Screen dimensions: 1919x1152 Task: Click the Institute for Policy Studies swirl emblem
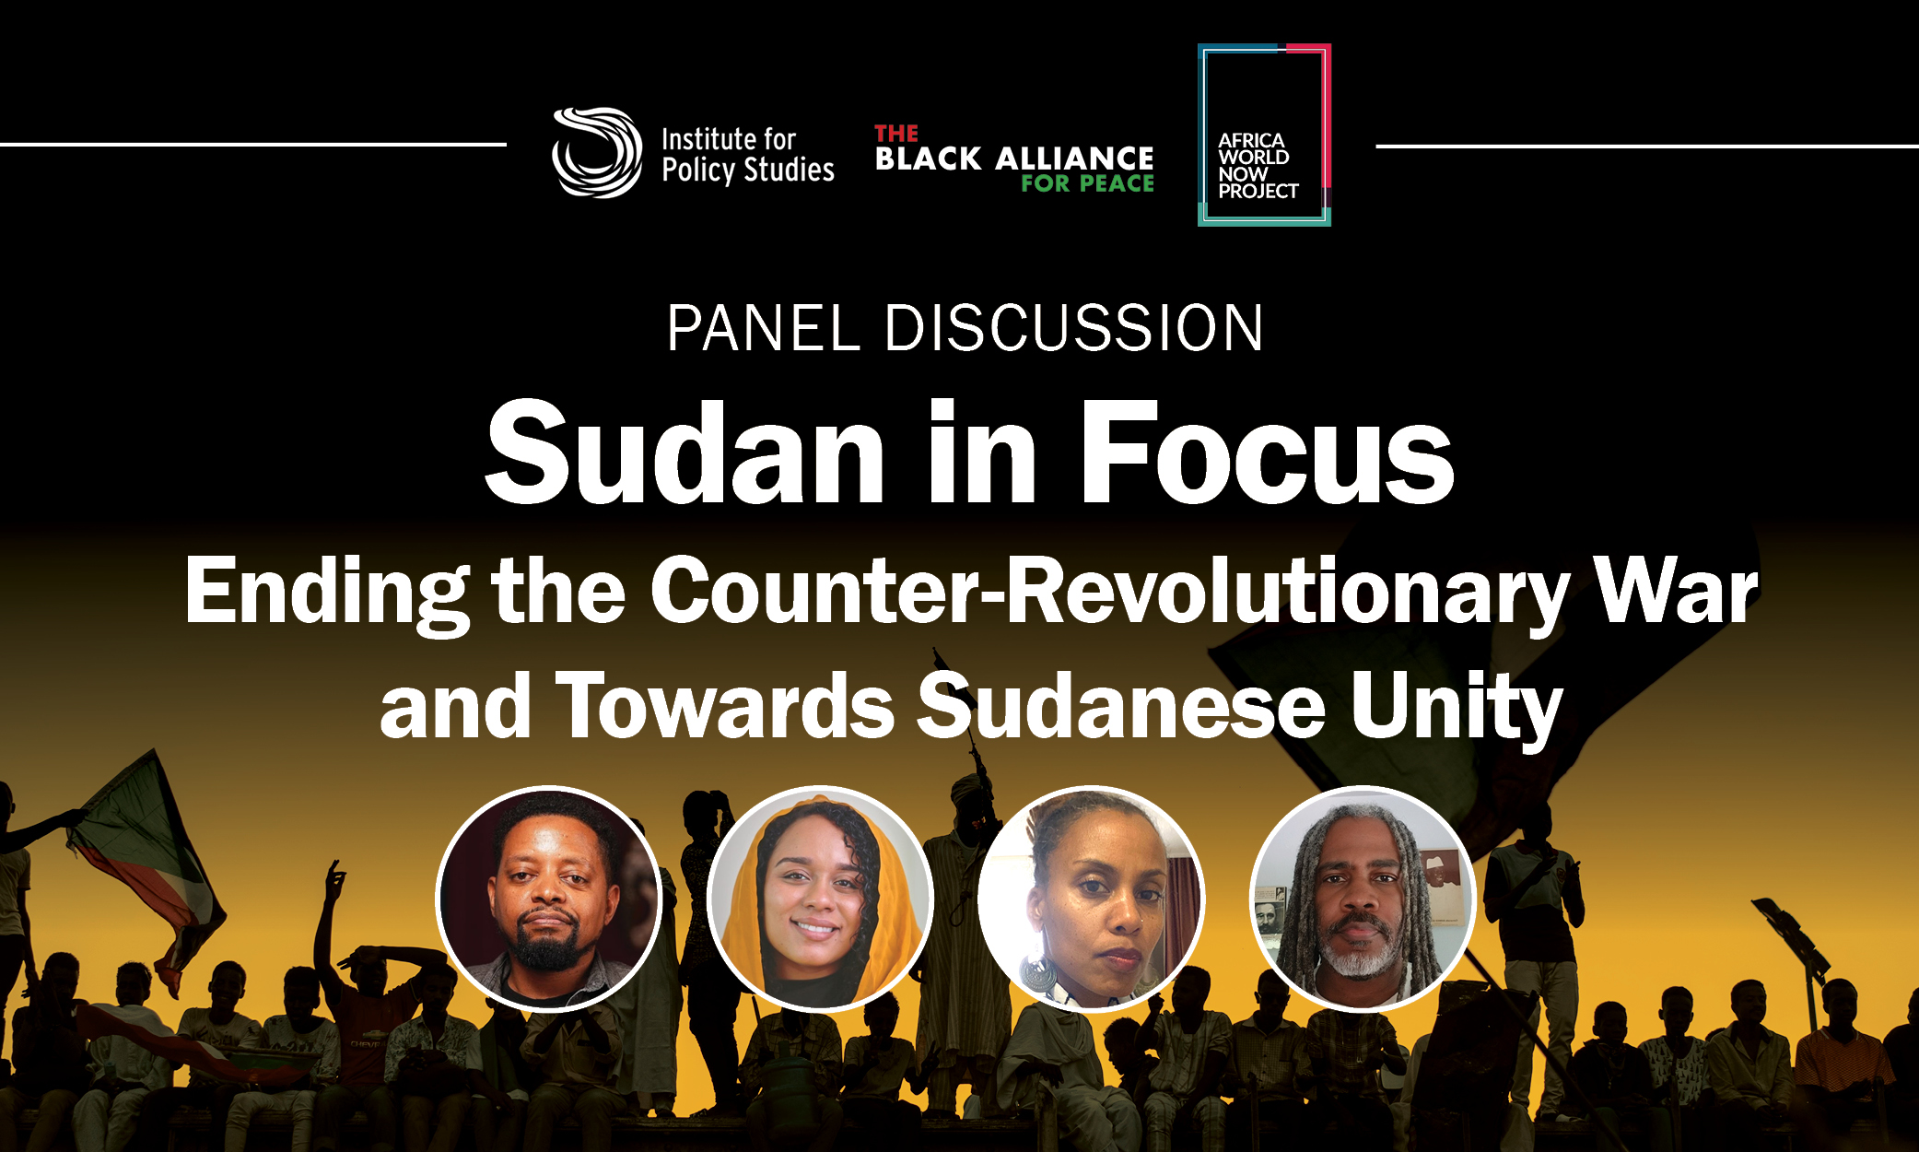click(597, 152)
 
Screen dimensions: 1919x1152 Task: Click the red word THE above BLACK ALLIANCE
click(896, 134)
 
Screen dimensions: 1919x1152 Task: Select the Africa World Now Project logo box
click(1264, 135)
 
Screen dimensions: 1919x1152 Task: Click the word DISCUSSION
click(1074, 328)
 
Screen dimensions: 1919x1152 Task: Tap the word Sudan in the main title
click(685, 453)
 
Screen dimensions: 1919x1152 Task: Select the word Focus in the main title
click(1267, 453)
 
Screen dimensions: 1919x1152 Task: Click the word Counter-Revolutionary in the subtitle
click(1110, 592)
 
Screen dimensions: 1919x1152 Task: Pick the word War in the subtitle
click(1676, 592)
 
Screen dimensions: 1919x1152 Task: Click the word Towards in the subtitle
click(724, 706)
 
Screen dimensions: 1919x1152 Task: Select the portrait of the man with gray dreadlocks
click(1363, 899)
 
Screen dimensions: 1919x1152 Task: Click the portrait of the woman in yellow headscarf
click(820, 899)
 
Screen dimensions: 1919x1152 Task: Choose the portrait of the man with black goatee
click(549, 899)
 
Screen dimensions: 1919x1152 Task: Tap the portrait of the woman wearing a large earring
click(1091, 899)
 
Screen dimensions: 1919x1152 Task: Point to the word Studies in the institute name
click(789, 170)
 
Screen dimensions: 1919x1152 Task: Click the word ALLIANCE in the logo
click(1074, 159)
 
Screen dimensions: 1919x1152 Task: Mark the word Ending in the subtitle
click(327, 594)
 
